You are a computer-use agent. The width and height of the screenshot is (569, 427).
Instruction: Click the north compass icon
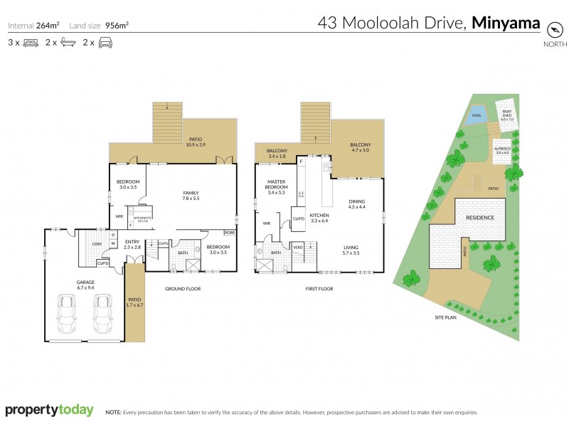click(555, 30)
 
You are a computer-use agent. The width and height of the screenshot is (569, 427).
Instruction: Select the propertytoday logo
click(50, 410)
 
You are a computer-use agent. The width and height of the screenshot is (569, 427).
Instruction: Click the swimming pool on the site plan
click(476, 117)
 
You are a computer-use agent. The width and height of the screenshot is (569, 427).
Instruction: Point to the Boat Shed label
click(506, 114)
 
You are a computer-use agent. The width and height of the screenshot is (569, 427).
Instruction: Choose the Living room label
click(351, 250)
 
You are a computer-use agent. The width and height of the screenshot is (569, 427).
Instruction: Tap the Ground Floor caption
click(183, 289)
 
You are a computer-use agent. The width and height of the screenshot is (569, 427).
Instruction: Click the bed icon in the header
click(30, 43)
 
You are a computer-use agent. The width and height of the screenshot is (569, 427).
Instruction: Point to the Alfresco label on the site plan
click(504, 151)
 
